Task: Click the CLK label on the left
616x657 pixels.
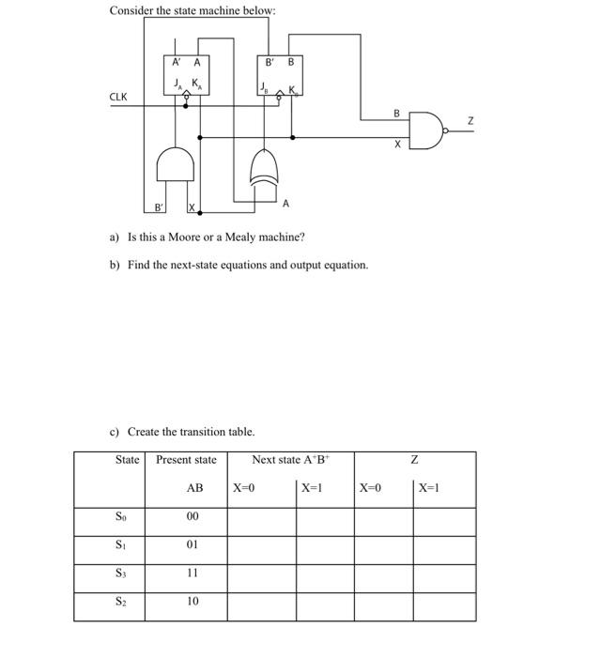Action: (x=118, y=97)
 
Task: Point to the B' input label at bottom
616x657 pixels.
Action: (x=160, y=206)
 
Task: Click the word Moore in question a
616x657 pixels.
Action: (x=183, y=237)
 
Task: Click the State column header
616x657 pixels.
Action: (x=127, y=459)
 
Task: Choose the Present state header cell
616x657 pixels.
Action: (x=186, y=459)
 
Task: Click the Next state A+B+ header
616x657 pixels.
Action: (x=289, y=459)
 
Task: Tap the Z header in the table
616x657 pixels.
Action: (x=414, y=460)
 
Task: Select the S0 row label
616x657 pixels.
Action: (x=120, y=516)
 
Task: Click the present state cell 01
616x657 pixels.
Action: (x=192, y=544)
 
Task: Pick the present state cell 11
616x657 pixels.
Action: (x=192, y=573)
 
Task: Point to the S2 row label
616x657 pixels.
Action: (x=120, y=601)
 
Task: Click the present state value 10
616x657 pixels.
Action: (x=192, y=601)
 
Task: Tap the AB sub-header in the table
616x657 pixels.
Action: (x=194, y=488)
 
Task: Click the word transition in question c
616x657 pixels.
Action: (x=206, y=432)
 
